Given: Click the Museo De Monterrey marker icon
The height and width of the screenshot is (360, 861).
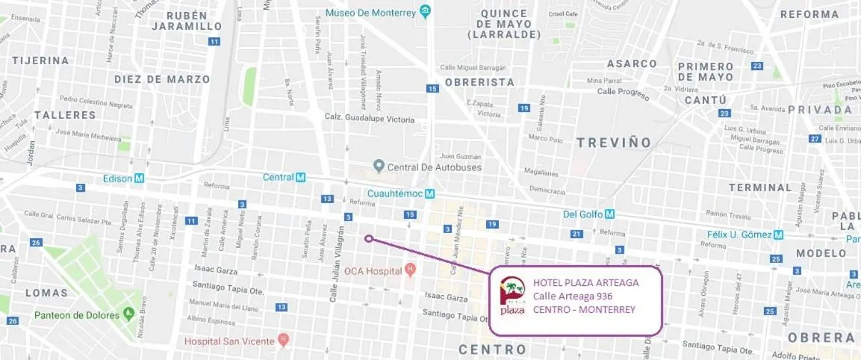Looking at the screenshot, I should tap(426, 11).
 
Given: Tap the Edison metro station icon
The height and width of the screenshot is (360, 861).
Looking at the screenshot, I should tap(140, 179).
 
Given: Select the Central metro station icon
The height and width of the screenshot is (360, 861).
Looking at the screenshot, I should tap(301, 178).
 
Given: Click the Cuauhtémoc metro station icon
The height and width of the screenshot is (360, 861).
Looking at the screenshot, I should tap(430, 194).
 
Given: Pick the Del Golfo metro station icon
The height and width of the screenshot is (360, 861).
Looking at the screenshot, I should tap(610, 214).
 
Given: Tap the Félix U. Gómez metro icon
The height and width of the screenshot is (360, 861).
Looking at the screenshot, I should tap(779, 235).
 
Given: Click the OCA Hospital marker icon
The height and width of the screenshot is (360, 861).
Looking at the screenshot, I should tap(409, 269).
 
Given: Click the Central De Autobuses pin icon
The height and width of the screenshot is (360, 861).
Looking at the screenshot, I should tap(379, 166).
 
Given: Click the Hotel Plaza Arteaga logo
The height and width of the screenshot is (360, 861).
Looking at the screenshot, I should tap(512, 297).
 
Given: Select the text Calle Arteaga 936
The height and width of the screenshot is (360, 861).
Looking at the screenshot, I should tap(573, 296).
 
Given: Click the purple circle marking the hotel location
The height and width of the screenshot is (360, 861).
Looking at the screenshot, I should tap(369, 239).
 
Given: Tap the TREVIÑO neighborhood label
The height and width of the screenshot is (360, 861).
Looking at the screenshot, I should tap(614, 142).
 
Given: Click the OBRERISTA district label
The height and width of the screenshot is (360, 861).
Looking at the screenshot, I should tap(479, 82).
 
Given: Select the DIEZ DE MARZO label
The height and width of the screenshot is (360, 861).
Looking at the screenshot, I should tap(161, 78).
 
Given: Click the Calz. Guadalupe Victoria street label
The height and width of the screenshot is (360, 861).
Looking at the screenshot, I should tap(369, 118).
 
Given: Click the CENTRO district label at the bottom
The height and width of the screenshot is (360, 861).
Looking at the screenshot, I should tap(492, 350).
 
